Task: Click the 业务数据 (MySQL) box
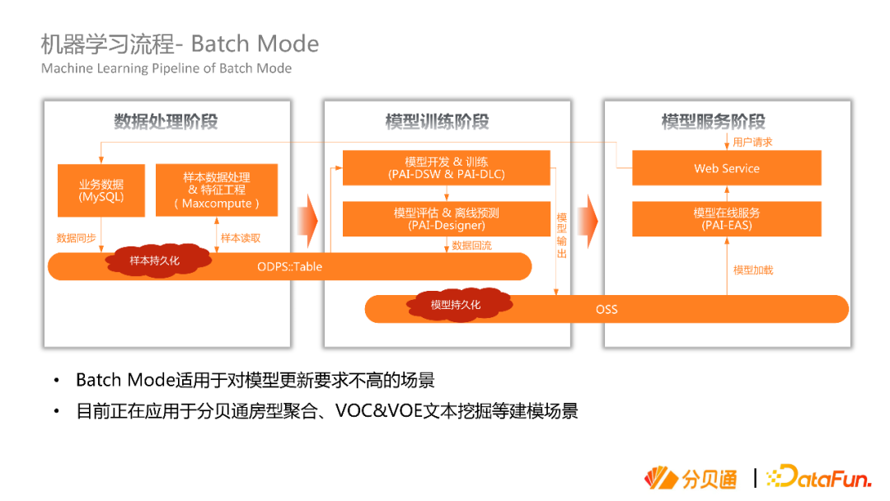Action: [x=101, y=190]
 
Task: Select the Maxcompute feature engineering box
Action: [x=217, y=190]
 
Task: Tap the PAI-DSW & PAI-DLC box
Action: [x=446, y=168]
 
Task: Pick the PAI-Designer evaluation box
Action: [x=446, y=218]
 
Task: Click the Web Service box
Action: [x=727, y=168]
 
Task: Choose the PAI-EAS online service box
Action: [x=727, y=218]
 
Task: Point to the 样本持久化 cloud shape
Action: [x=154, y=260]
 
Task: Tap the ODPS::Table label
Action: [x=289, y=266]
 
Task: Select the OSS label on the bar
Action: [x=607, y=310]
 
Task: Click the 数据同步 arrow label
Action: [x=76, y=238]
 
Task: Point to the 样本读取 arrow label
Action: [x=241, y=238]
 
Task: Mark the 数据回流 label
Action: [x=471, y=246]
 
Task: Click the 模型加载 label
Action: [x=753, y=270]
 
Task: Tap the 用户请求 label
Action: [x=752, y=142]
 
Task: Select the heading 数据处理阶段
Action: [x=166, y=122]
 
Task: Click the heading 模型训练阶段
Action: [x=437, y=122]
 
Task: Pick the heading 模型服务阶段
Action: [x=714, y=122]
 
